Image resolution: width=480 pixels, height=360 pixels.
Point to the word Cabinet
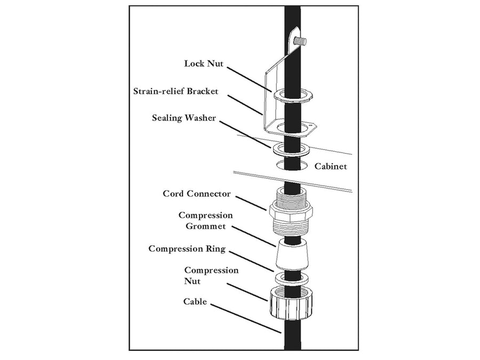[x=331, y=166]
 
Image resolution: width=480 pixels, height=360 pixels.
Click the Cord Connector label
[x=197, y=194]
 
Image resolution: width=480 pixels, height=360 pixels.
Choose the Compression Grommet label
[x=205, y=221]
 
